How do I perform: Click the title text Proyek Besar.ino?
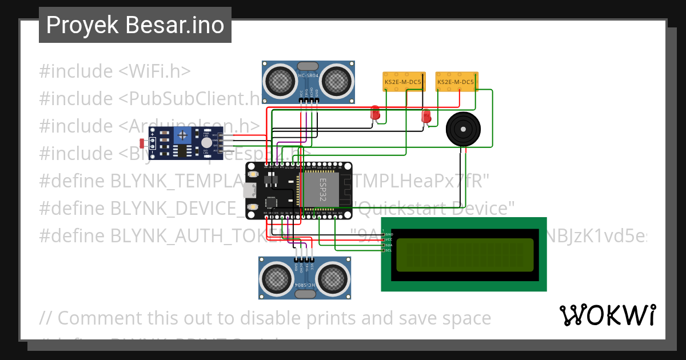coord(135,25)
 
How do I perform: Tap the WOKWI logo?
coord(607,315)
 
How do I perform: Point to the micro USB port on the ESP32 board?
coord(250,190)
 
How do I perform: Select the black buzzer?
coord(468,130)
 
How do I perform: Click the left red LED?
coord(375,113)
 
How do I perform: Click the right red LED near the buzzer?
coord(426,117)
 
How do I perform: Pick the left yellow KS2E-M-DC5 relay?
coord(404,82)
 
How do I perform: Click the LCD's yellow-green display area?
coord(465,255)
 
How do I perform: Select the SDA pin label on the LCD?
coord(388,245)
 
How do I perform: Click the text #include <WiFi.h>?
coord(114,71)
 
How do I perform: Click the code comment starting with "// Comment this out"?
coord(265,318)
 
